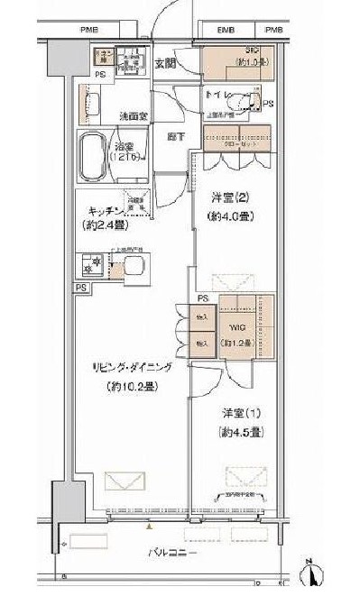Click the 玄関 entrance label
coord(164,63)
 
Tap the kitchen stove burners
coord(91,266)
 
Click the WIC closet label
coord(239,327)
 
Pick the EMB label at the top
coord(225,30)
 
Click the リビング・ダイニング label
coord(132,368)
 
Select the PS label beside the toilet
coord(268,103)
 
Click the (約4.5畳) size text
coord(241,433)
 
